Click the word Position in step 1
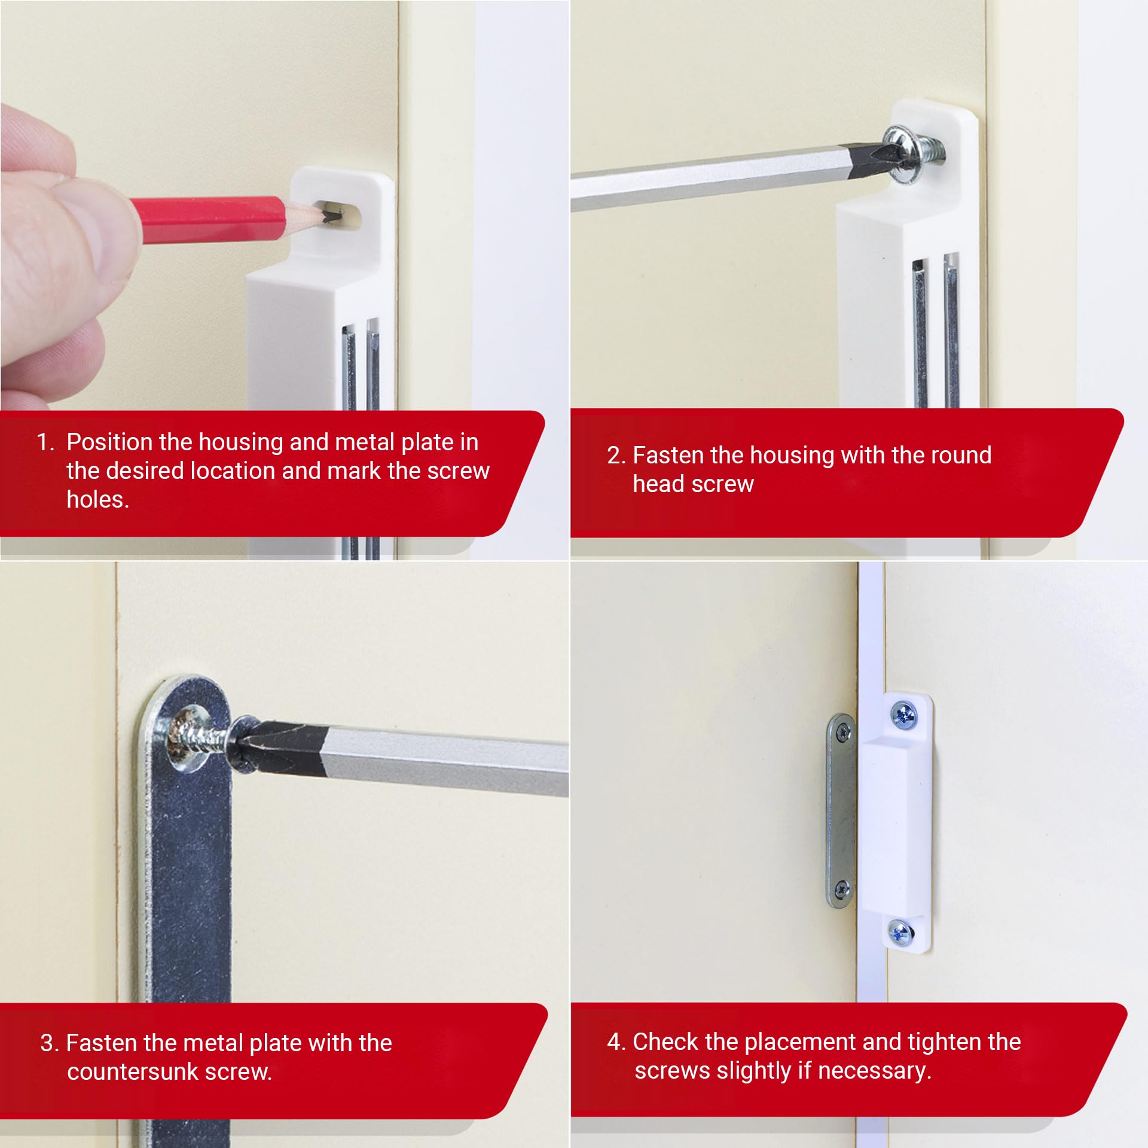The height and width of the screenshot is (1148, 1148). pos(110,442)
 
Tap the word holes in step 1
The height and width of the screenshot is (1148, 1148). pos(97,499)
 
